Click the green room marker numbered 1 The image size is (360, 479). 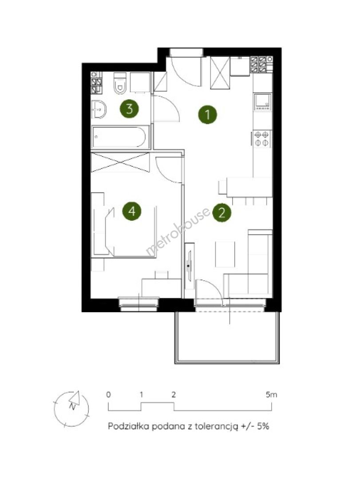[x=207, y=114]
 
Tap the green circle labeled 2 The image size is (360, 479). [x=222, y=212]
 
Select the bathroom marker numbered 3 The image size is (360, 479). [x=129, y=109]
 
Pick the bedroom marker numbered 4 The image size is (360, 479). [x=132, y=211]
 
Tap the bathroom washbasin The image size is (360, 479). [x=99, y=109]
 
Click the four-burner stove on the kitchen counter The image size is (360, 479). [x=262, y=139]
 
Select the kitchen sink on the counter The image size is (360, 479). [x=262, y=102]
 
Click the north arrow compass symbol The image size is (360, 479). [x=71, y=408]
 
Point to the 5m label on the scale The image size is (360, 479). [x=271, y=394]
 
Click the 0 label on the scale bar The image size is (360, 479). [x=108, y=394]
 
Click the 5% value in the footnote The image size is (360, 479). [x=263, y=426]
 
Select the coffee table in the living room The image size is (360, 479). [x=225, y=254]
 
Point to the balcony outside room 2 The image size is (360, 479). [x=227, y=337]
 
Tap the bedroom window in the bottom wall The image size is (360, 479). [x=139, y=304]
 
